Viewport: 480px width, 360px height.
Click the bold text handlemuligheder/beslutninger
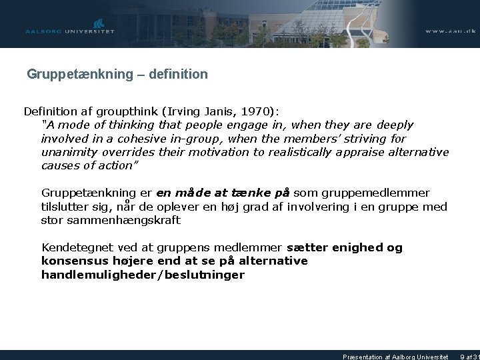point(143,274)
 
